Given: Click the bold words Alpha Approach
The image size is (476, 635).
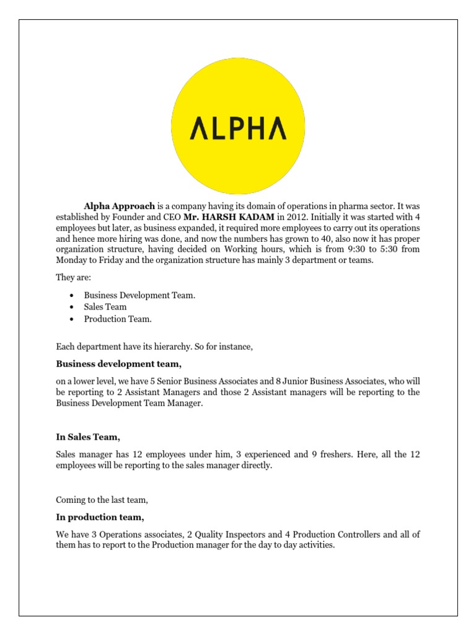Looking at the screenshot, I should click(x=120, y=205).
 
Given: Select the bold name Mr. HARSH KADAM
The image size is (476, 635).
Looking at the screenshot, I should click(x=229, y=216).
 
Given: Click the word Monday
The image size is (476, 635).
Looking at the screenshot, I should click(x=73, y=260).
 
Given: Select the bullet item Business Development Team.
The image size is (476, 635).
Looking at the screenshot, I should click(x=139, y=295).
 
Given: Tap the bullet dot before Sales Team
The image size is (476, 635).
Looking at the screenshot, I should click(x=73, y=307).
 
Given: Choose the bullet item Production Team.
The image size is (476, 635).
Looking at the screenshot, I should click(x=118, y=319).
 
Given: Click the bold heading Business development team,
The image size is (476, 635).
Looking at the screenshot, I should click(x=119, y=363).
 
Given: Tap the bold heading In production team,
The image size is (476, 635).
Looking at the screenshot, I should click(x=100, y=517).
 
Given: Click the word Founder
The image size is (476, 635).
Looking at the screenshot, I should click(x=121, y=216).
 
